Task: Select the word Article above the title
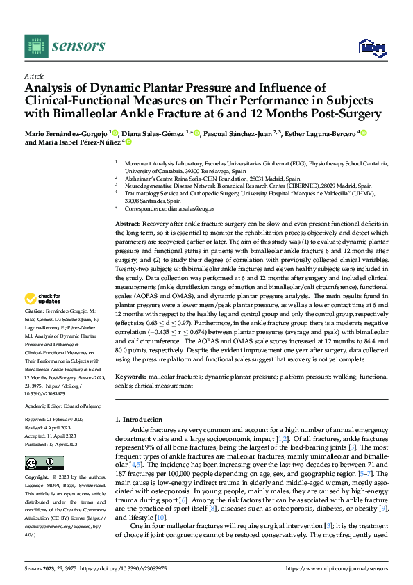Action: click(34, 76)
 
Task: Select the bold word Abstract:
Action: click(128, 223)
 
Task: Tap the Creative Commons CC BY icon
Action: click(45, 463)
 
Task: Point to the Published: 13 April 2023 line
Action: click(55, 444)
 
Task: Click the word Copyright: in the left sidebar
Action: click(37, 478)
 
